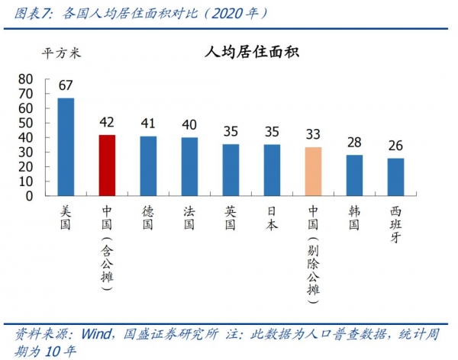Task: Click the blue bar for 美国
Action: (x=66, y=146)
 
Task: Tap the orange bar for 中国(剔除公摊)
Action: (x=313, y=172)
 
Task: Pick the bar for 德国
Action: (x=149, y=166)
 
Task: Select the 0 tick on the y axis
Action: (x=28, y=195)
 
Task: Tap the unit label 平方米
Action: (x=61, y=53)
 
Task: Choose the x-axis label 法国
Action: (x=190, y=217)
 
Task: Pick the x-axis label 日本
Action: (x=272, y=217)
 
